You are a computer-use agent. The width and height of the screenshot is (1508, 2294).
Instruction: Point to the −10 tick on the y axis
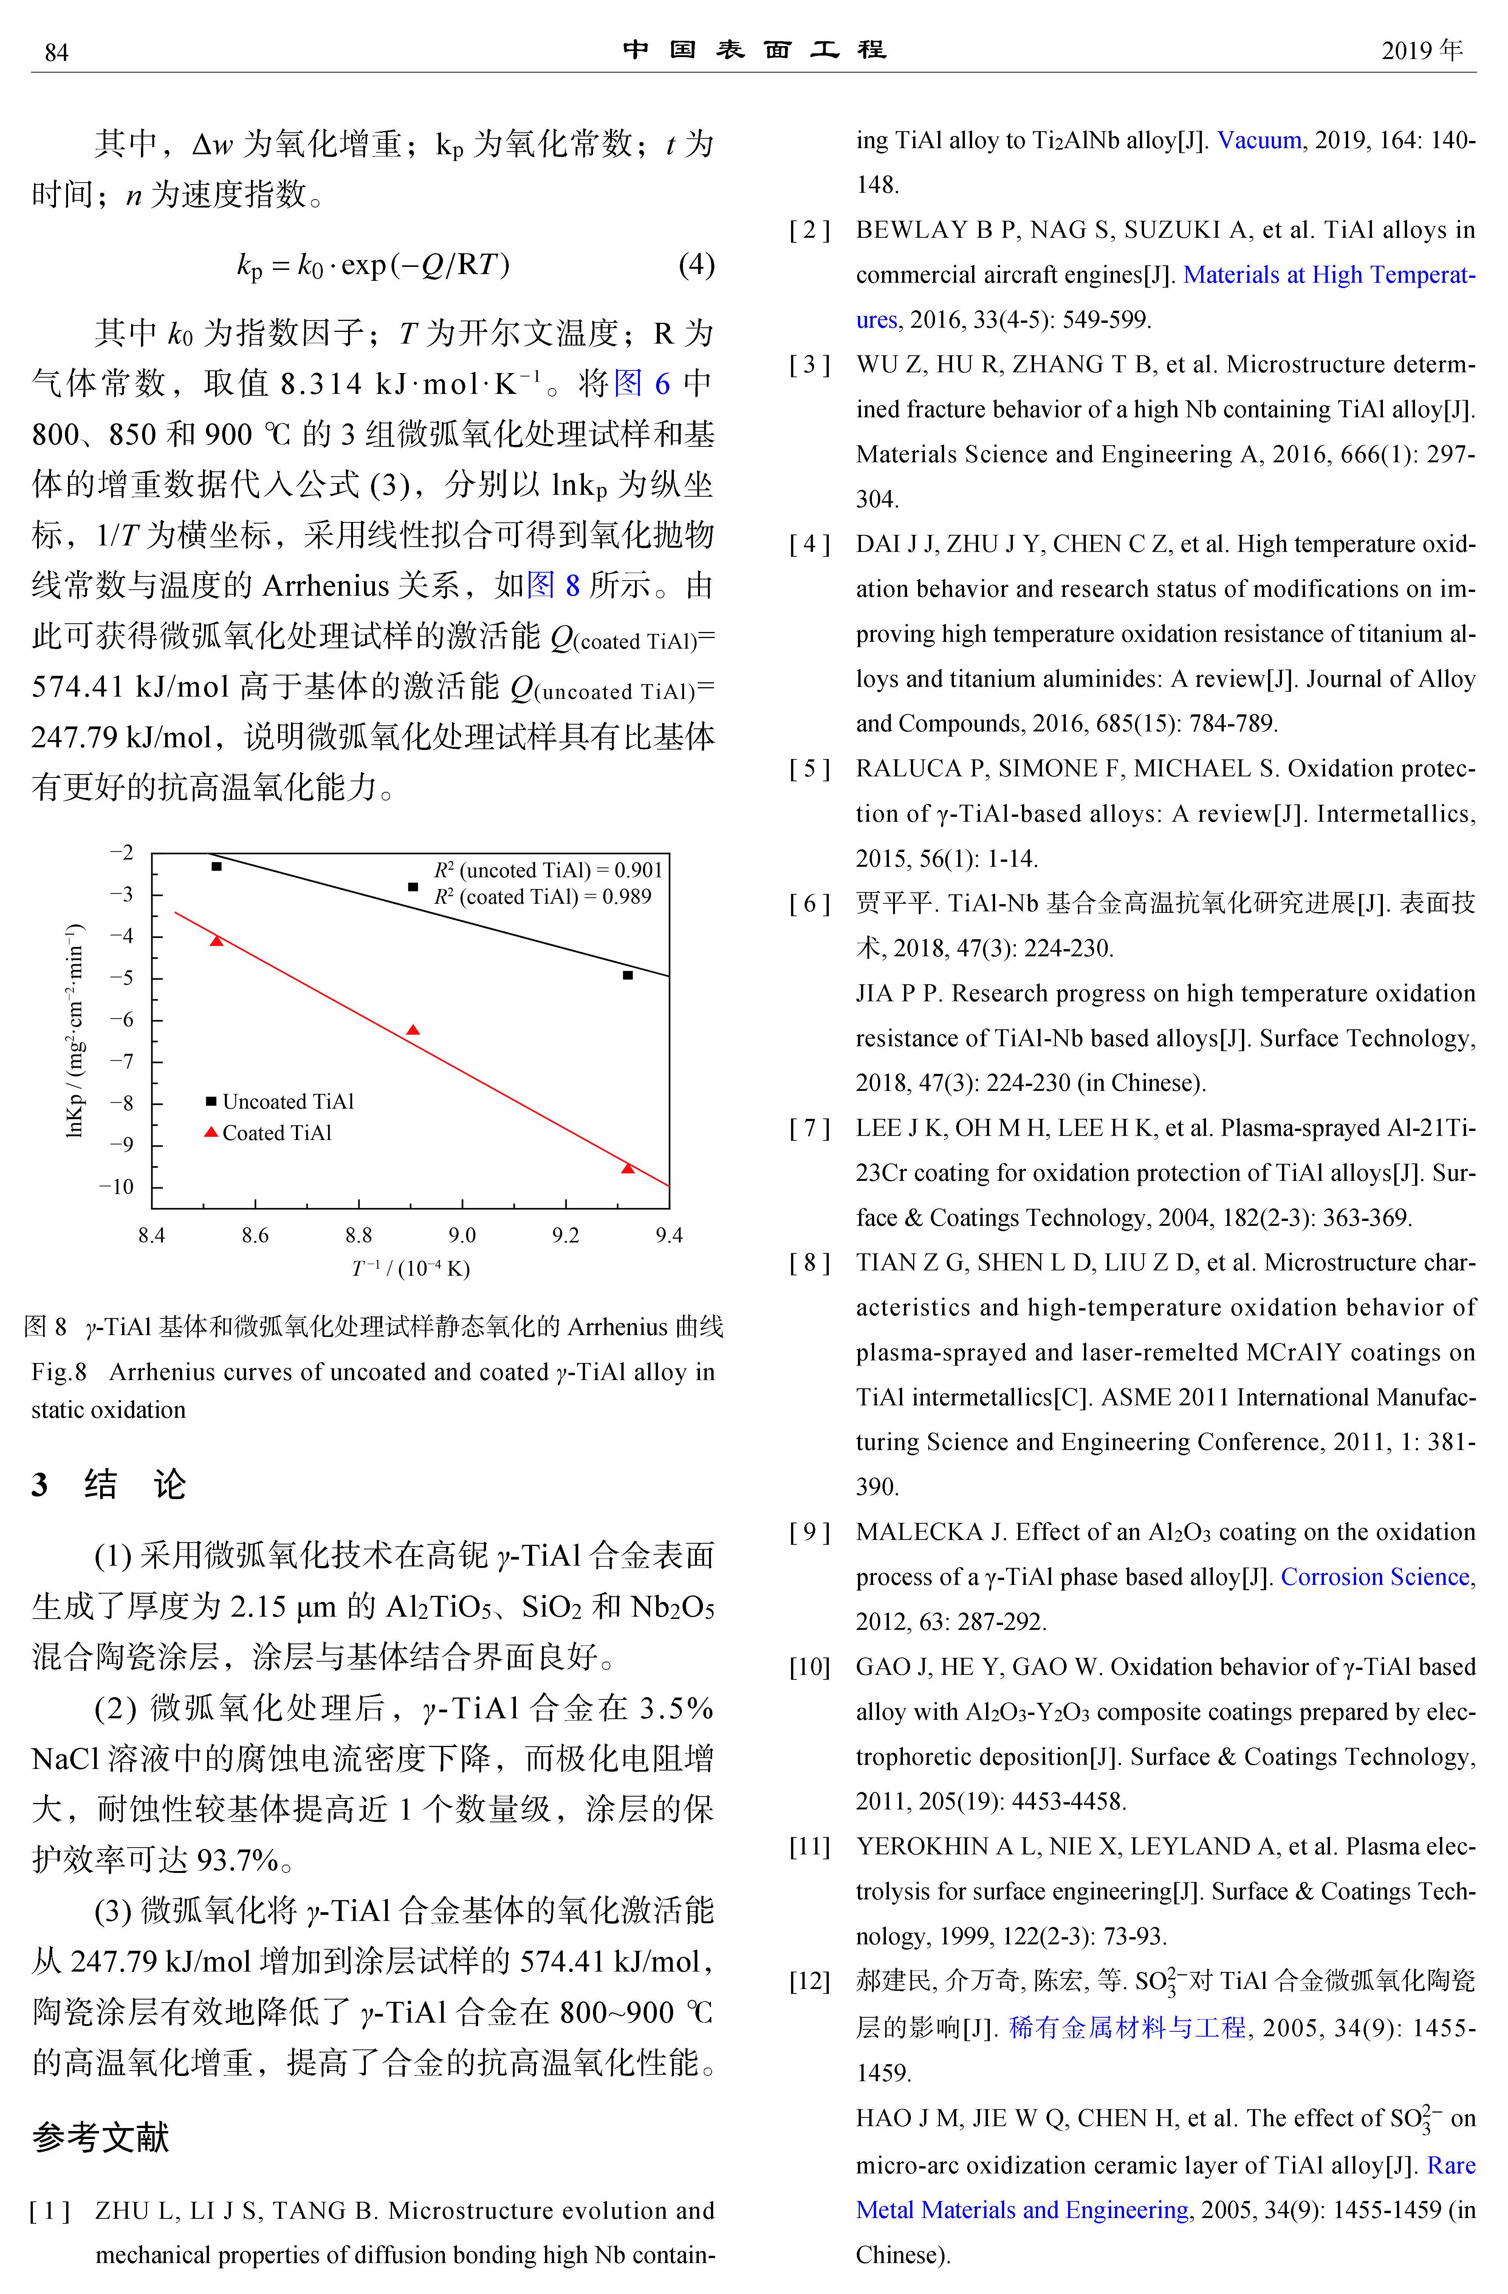pyautogui.click(x=116, y=1186)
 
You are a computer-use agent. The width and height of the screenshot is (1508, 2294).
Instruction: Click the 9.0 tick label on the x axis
pyautogui.click(x=461, y=1235)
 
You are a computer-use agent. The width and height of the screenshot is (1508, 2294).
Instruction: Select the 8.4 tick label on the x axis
pyautogui.click(x=151, y=1235)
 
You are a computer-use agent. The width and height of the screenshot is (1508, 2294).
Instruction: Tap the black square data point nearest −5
pyautogui.click(x=627, y=976)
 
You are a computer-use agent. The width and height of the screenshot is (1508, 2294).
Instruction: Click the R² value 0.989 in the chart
pyautogui.click(x=626, y=897)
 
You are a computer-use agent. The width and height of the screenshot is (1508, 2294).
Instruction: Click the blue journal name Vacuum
pyautogui.click(x=1259, y=140)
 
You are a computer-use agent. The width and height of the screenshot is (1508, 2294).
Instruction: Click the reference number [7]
pyautogui.click(x=808, y=1128)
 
